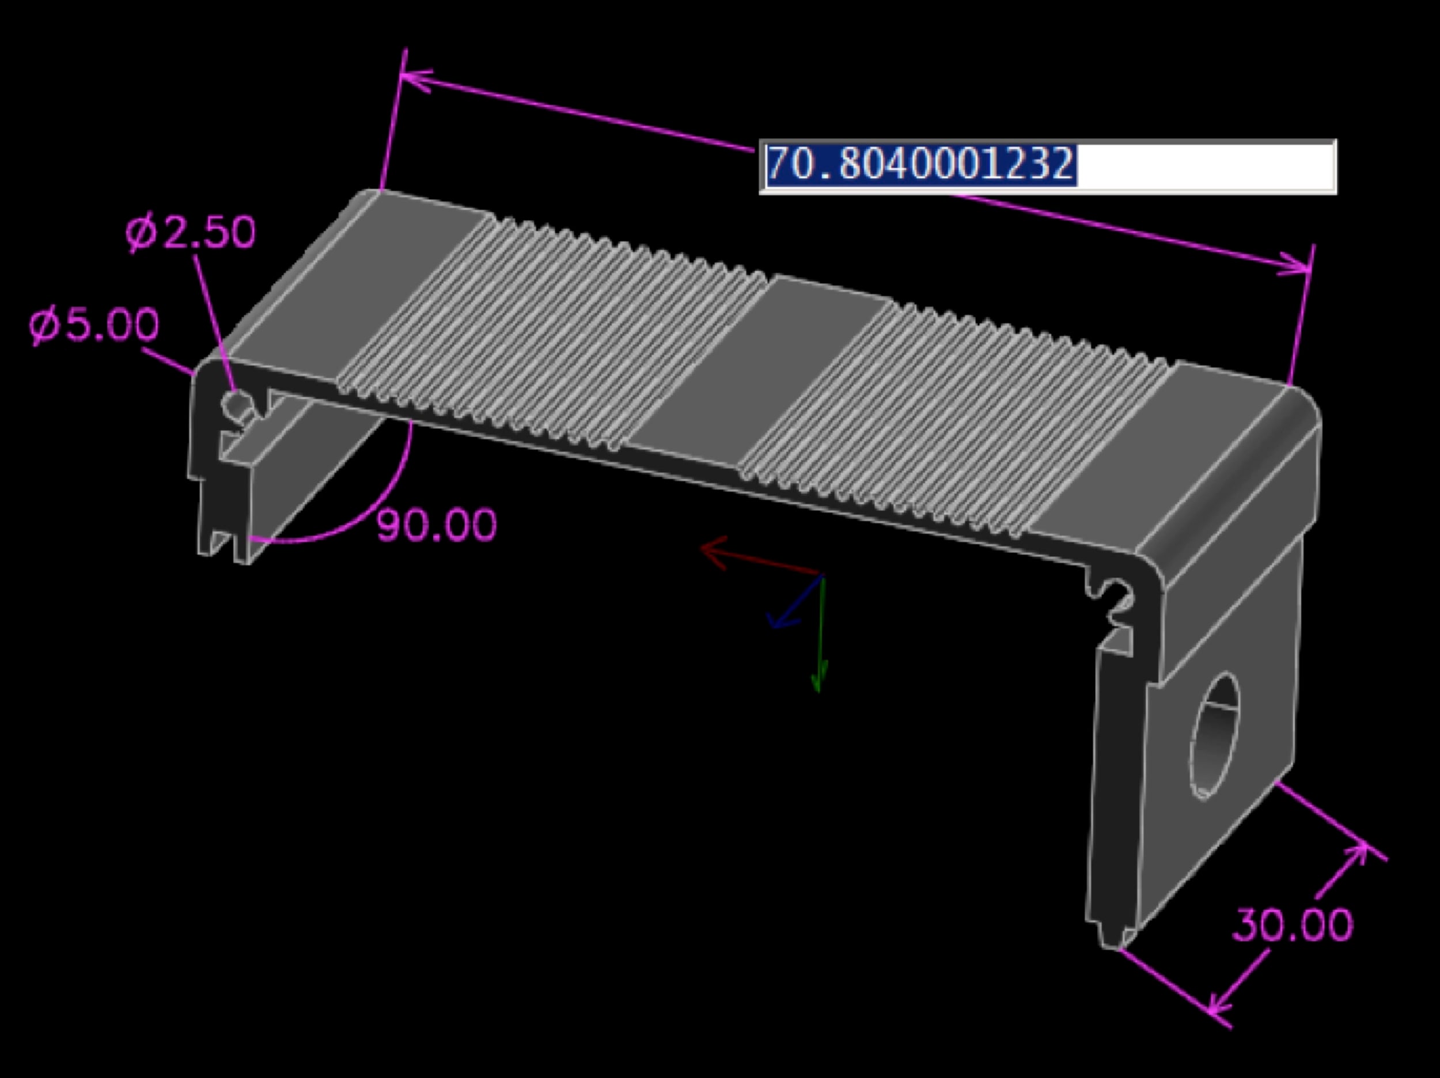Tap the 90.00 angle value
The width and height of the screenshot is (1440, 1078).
point(437,525)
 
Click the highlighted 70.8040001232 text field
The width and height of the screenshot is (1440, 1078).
point(1048,166)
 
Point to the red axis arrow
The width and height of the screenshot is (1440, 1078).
point(760,557)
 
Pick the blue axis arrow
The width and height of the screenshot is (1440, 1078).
point(795,602)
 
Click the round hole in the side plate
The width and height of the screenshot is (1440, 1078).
point(1215,735)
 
